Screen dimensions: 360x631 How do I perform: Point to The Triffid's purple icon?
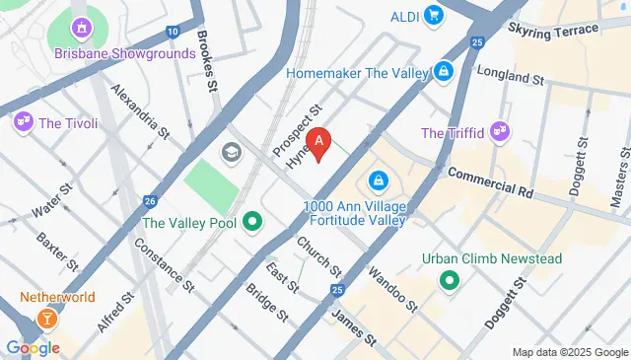tap(501, 132)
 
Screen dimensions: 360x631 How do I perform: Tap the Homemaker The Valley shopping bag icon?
tap(445, 72)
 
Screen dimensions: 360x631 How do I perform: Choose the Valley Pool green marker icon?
tap(252, 223)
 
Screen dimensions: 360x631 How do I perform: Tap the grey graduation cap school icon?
tap(232, 152)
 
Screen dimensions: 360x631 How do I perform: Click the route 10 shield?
tap(174, 33)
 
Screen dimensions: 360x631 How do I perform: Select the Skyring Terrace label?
tap(553, 30)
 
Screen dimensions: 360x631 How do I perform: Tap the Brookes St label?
tap(206, 61)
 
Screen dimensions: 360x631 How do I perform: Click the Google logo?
tap(34, 347)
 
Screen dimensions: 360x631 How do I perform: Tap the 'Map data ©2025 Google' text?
tap(569, 352)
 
